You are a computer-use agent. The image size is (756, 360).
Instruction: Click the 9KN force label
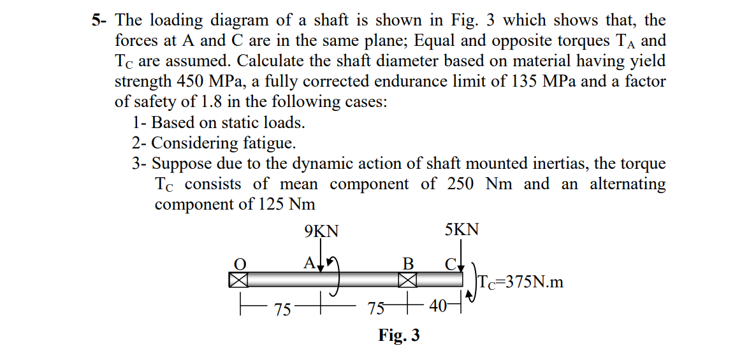click(x=322, y=231)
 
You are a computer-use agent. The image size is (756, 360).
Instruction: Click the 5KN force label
click(x=462, y=230)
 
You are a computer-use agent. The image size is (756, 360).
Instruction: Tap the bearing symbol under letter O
click(x=238, y=280)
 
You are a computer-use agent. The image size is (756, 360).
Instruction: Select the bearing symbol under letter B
click(x=408, y=280)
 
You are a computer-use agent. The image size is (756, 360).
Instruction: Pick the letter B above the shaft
click(x=409, y=263)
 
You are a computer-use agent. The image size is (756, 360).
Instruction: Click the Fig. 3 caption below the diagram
click(x=399, y=335)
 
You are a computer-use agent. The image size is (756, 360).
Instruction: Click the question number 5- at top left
click(x=99, y=20)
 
